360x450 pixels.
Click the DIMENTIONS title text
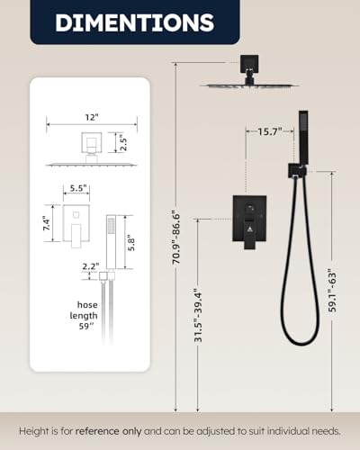[134, 22]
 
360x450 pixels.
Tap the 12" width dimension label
[92, 117]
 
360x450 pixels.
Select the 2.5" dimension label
[123, 143]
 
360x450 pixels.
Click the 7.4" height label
[47, 223]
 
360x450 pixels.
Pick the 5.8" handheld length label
[131, 244]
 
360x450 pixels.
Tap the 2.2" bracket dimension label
[91, 266]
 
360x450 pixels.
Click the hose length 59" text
[84, 315]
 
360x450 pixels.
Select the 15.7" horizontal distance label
[270, 131]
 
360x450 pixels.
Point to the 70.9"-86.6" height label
[175, 238]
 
